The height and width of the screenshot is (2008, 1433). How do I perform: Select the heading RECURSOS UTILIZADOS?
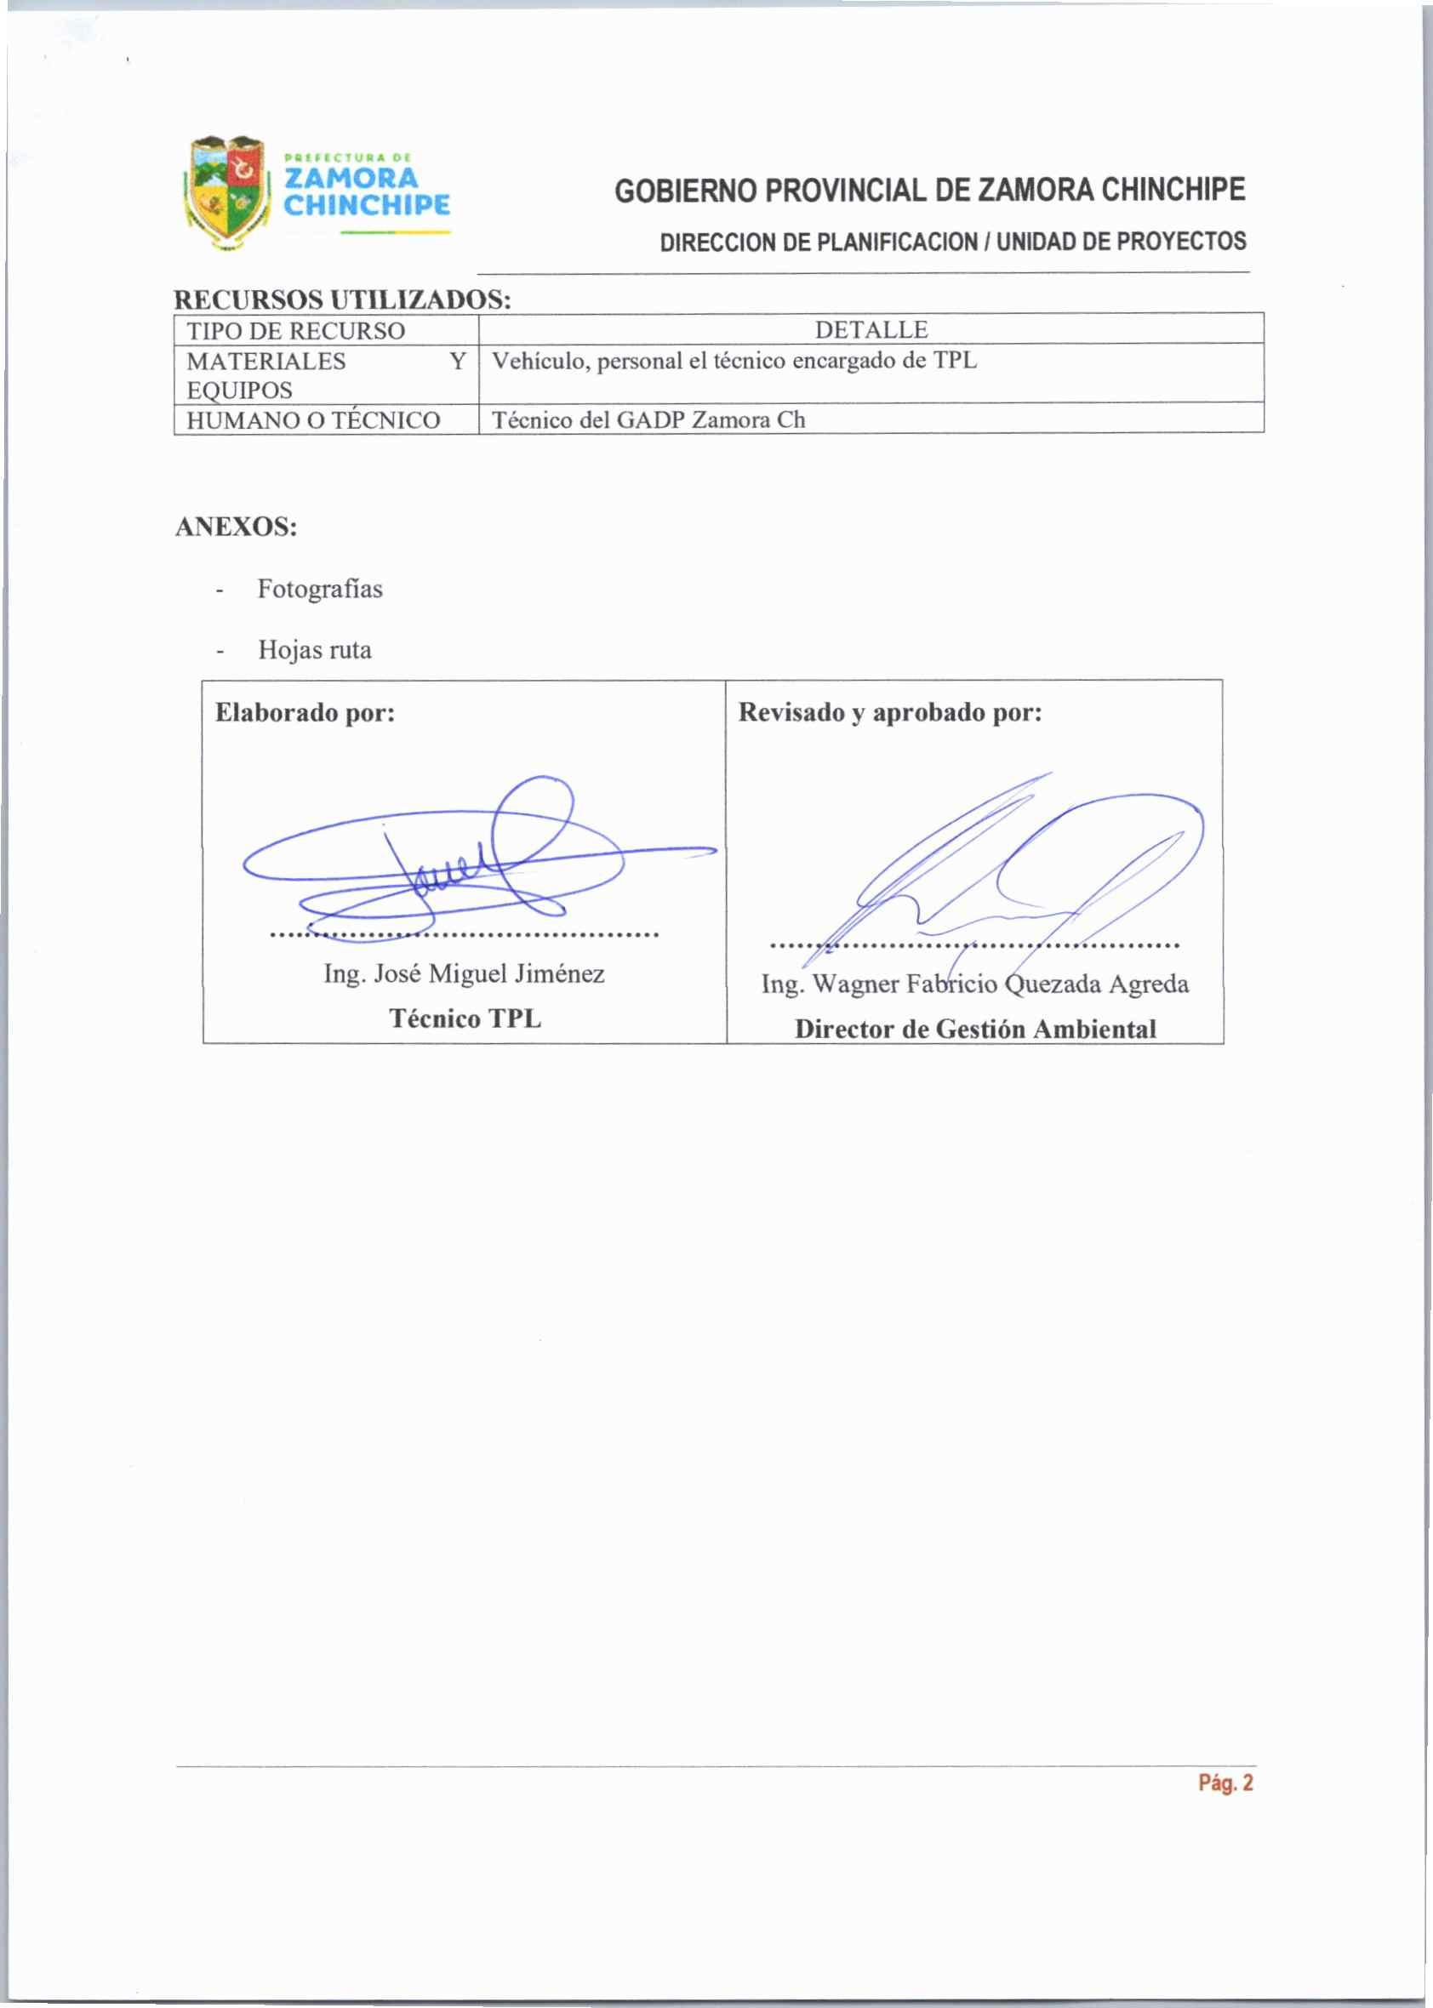(x=342, y=300)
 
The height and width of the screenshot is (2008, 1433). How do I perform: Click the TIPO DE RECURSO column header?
(x=295, y=331)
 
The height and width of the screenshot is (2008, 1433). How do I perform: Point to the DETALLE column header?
(x=871, y=330)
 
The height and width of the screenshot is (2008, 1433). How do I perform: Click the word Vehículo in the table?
(x=540, y=361)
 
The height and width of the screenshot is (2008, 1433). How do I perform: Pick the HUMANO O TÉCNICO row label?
(x=313, y=420)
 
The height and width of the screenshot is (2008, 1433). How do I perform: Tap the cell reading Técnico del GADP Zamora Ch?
(x=648, y=420)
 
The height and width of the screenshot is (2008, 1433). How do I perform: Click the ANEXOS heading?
(x=237, y=527)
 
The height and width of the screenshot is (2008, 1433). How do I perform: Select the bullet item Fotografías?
(x=319, y=589)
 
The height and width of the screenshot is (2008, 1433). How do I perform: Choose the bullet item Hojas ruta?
(x=314, y=650)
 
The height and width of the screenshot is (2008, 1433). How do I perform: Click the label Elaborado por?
(x=305, y=712)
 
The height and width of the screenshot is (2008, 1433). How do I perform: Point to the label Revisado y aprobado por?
(x=889, y=712)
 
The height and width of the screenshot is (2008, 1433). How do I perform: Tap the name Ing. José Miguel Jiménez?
(x=464, y=974)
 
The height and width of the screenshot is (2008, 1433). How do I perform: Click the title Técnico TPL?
(x=465, y=1019)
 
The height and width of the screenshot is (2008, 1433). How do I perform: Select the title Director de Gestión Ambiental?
(x=975, y=1030)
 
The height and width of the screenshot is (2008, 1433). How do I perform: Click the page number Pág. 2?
(x=1225, y=1783)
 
